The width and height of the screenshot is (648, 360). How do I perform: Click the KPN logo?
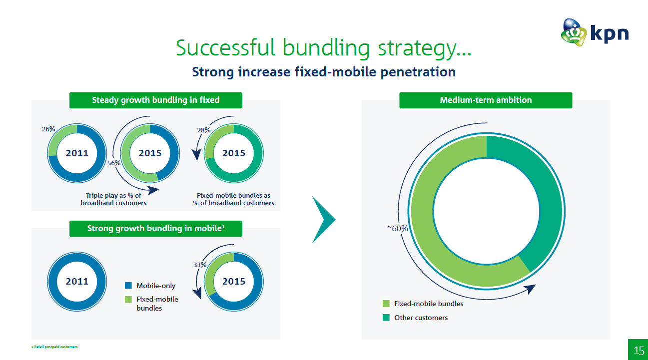coord(595,32)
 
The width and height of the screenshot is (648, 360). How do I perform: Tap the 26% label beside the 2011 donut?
coord(48,129)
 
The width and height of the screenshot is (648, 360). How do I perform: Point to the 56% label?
coord(114,163)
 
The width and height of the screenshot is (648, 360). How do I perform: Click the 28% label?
coord(204,130)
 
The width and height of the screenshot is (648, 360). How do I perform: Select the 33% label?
coord(200,265)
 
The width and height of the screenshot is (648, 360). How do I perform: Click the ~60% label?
coord(398,229)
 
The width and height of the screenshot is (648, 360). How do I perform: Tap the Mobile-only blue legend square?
coord(128,286)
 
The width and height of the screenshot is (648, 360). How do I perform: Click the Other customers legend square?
coord(386,318)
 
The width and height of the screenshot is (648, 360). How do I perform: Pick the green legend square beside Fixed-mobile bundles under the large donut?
coord(386,303)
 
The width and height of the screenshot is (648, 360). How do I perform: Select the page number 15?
coord(639,351)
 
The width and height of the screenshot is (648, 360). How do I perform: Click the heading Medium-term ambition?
coord(486,100)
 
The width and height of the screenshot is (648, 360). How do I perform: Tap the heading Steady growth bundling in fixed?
coord(156,100)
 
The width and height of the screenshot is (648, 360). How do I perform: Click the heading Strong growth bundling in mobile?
coord(156,229)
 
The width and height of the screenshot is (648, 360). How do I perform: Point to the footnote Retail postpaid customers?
coord(55,347)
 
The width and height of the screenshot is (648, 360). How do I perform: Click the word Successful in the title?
coord(225,47)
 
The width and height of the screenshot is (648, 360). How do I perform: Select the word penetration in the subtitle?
coord(418,72)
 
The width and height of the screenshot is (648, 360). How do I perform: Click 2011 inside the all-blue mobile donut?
coord(77,281)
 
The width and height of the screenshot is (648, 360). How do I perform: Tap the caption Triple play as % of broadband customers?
coord(113,199)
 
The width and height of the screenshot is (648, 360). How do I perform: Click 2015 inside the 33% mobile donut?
coord(234,281)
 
